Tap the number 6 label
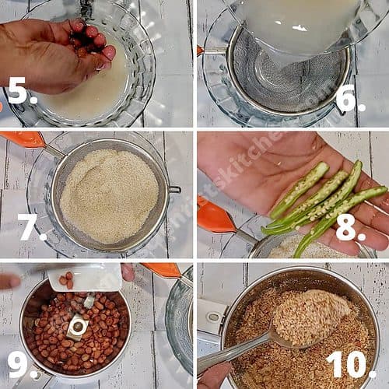click(x=346, y=99)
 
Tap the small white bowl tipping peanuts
click(x=86, y=278)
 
